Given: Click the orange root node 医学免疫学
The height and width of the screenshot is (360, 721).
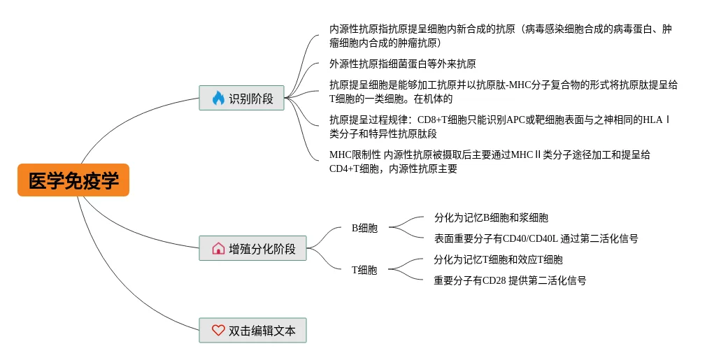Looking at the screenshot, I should pyautogui.click(x=73, y=180).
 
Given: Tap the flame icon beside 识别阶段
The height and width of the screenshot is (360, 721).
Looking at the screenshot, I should pyautogui.click(x=218, y=98).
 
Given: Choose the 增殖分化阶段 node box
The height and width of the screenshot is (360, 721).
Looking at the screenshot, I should pyautogui.click(x=252, y=248).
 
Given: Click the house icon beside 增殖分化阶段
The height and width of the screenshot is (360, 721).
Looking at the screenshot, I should pyautogui.click(x=218, y=248).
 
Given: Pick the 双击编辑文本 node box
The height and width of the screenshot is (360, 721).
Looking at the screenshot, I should pyautogui.click(x=252, y=330).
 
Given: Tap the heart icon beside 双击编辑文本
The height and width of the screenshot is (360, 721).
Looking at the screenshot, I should pyautogui.click(x=218, y=330).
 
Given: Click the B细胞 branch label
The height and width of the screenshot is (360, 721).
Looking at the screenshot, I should pyautogui.click(x=364, y=228).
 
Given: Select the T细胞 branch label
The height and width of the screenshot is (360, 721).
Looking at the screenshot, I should pyautogui.click(x=364, y=270).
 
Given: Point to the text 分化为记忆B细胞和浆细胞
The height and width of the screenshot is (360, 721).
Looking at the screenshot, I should pyautogui.click(x=491, y=217).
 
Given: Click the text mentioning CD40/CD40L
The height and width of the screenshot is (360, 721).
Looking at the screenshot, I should pyautogui.click(x=536, y=238).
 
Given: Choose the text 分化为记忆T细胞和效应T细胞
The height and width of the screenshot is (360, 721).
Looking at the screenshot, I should pyautogui.click(x=498, y=259).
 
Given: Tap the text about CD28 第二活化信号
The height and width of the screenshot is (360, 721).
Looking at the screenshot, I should pyautogui.click(x=510, y=280).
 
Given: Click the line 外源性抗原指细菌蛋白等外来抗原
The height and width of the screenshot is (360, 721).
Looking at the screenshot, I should pyautogui.click(x=403, y=64).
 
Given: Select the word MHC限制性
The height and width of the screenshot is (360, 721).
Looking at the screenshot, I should pyautogui.click(x=355, y=154).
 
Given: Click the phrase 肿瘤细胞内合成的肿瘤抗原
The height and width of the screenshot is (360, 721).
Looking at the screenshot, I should pyautogui.click(x=380, y=43).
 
